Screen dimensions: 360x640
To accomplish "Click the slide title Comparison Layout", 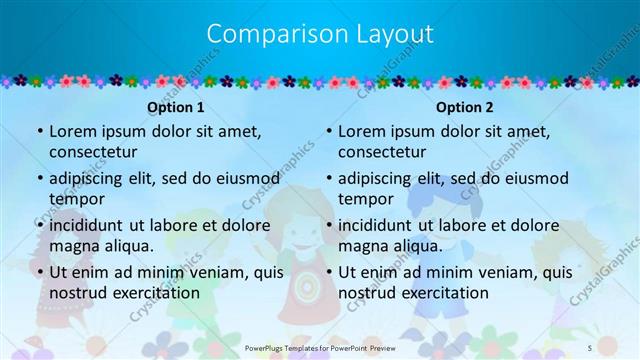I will coord(320,34).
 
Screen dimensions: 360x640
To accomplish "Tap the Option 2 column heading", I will coord(465,107).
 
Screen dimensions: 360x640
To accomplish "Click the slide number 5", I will coord(619,346).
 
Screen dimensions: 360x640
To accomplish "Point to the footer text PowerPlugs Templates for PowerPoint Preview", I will coord(320,346).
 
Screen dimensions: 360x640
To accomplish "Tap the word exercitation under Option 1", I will coord(154,293).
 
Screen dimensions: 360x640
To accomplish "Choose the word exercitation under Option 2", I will coord(443,293).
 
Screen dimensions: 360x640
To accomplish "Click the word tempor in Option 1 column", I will coord(76,199).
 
